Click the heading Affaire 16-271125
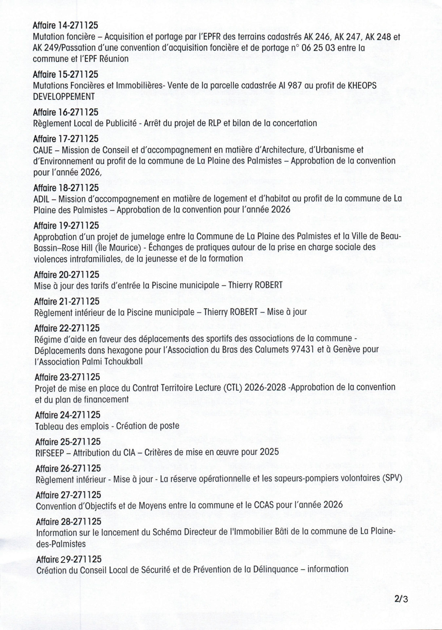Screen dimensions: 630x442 click(66, 112)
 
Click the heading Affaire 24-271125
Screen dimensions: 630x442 click(67, 415)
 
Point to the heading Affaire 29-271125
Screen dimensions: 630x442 click(69, 559)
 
